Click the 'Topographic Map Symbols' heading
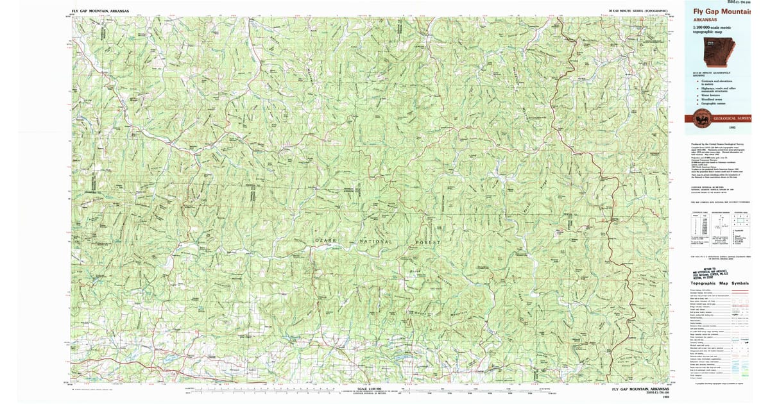(x=719, y=283)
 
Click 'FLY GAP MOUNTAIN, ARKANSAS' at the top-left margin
(x=101, y=12)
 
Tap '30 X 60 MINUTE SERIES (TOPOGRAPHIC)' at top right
(x=638, y=12)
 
